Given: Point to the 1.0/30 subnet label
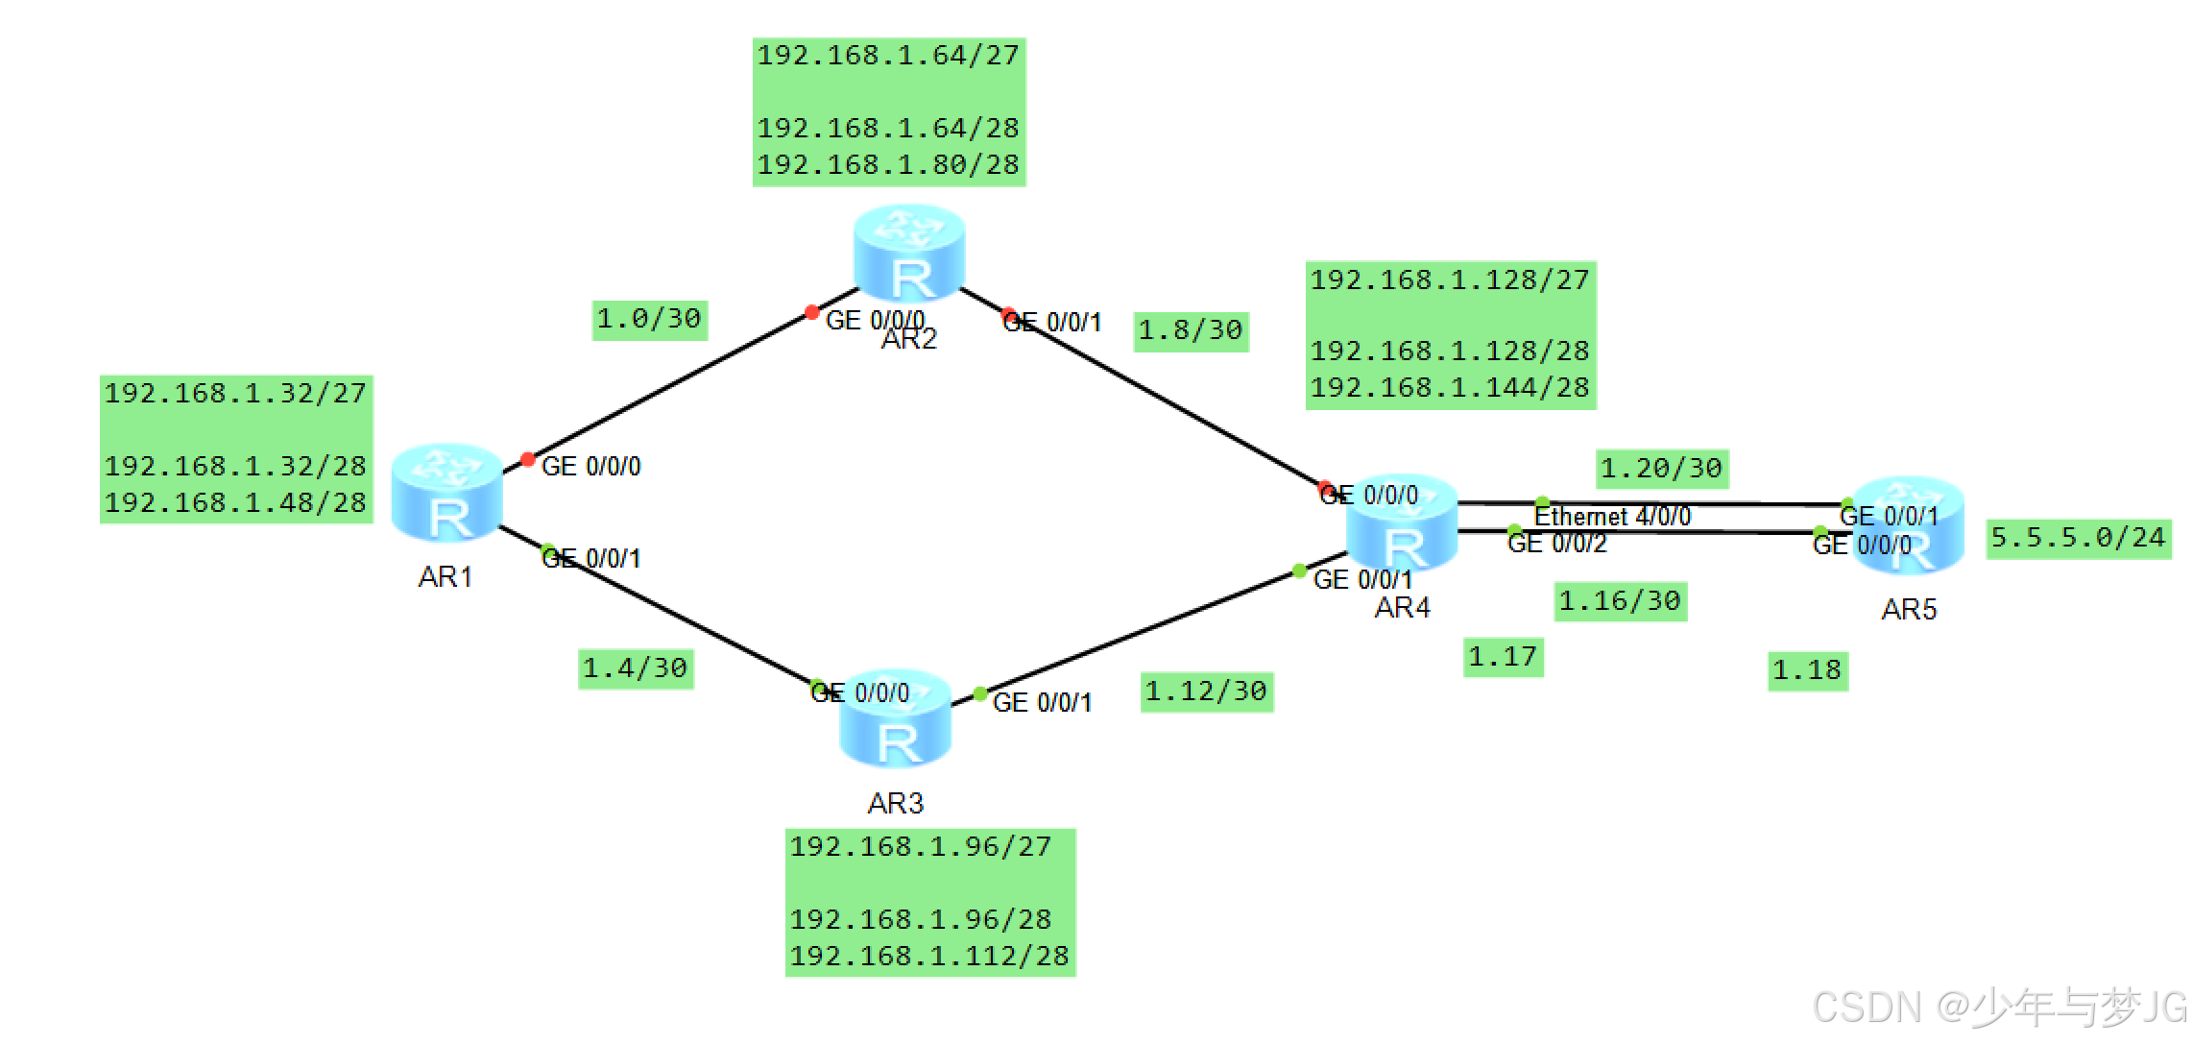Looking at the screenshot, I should point(649,319).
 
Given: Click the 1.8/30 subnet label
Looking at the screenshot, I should point(1191,331).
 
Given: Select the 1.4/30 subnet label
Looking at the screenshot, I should point(636,668).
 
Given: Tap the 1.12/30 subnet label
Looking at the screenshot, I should point(1207,692).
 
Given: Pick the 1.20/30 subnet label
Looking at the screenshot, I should point(1662,469).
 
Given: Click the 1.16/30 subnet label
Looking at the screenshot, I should point(1620,601).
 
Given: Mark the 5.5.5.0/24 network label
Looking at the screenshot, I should point(2079,537).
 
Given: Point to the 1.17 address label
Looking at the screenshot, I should point(1503,657).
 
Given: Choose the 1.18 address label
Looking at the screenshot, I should point(1807,670).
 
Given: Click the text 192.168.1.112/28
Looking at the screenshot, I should point(928,957).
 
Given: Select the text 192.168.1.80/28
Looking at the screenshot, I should point(888,165).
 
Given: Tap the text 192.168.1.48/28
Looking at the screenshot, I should point(235,503).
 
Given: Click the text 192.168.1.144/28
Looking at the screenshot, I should point(1450,388).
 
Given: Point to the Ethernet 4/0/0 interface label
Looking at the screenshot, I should point(1612,517).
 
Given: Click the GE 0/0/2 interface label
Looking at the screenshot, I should point(1556,545).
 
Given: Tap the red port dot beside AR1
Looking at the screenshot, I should point(527,459).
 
